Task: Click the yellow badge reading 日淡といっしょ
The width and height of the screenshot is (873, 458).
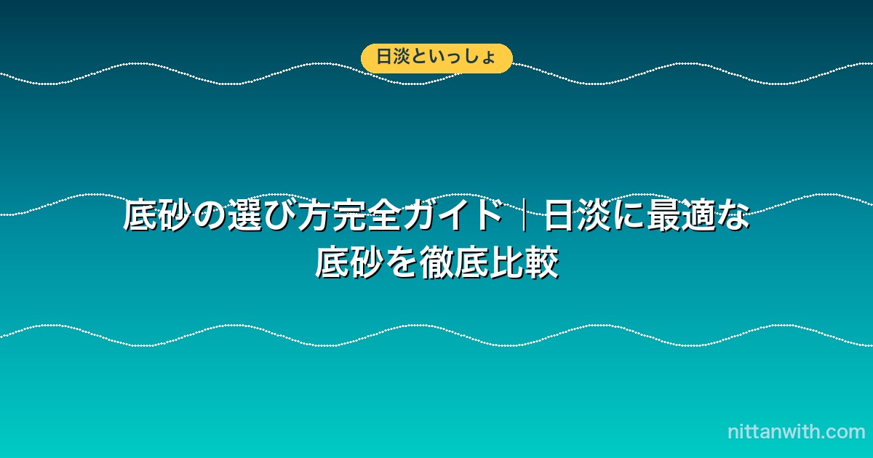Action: tap(436, 58)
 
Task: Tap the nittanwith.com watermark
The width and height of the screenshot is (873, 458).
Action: tap(796, 432)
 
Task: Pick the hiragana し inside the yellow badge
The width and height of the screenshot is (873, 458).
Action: tap(469, 57)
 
